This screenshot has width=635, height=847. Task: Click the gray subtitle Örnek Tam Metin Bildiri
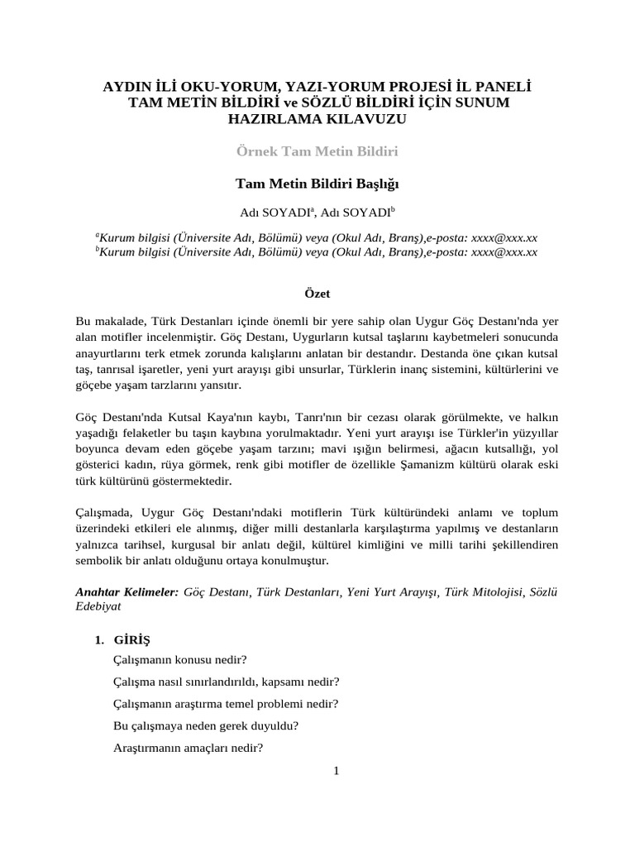point(318,152)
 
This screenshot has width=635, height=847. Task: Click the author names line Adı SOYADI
point(317,212)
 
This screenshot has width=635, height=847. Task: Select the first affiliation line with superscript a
point(317,237)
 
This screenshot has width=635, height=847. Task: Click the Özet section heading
point(317,293)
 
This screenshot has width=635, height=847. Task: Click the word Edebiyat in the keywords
point(98,606)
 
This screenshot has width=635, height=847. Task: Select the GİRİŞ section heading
point(132,639)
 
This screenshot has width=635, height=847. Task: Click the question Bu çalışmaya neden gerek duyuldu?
point(206,726)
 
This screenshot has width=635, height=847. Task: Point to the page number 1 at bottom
point(337,771)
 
